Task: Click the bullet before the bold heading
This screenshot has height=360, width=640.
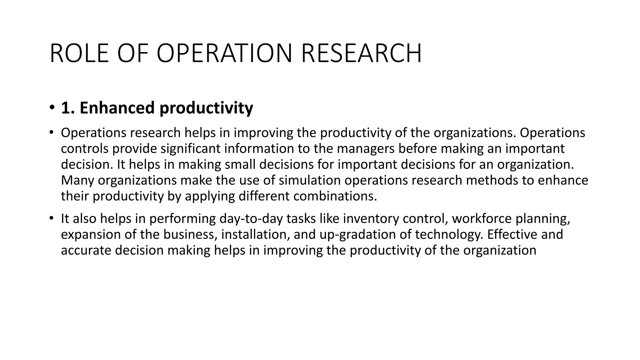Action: pos(52,108)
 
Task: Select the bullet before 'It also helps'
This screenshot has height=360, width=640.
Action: pos(51,218)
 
